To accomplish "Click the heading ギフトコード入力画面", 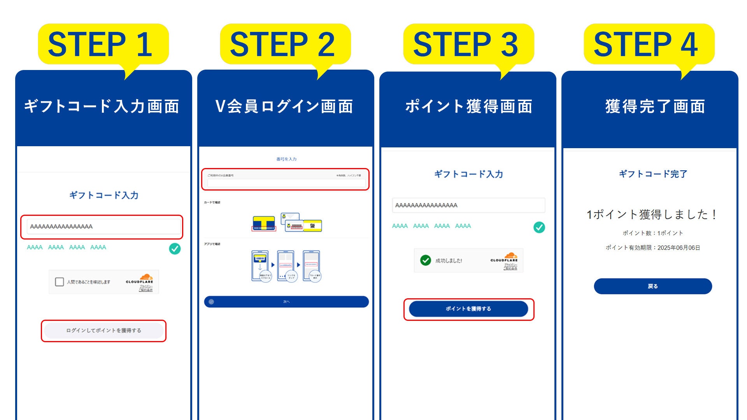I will pos(102,106).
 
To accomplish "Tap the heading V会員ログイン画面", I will pos(285,106).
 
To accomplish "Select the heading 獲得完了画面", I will pos(655,106).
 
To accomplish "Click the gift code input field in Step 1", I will pos(103,226).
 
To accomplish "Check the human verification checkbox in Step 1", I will pos(60,282).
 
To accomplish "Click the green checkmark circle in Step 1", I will pos(175,248).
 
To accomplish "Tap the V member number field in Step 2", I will pos(286,182).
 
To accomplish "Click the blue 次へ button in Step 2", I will pos(286,302).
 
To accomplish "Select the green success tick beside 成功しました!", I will pos(426,260).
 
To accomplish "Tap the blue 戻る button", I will pos(653,286).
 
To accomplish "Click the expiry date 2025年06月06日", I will pos(679,248).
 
